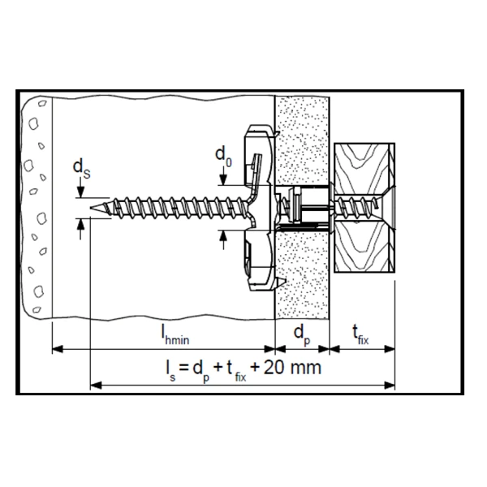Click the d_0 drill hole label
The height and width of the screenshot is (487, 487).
coord(223,157)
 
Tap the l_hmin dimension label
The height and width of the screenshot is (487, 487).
coord(175,335)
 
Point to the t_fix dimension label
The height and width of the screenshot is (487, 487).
coord(360,335)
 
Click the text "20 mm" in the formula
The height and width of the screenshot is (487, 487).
coord(292,368)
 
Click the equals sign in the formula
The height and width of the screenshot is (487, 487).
coord(184,368)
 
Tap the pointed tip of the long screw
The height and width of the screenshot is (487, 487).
coord(90,208)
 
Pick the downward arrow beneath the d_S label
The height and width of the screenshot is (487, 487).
coord(80,189)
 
